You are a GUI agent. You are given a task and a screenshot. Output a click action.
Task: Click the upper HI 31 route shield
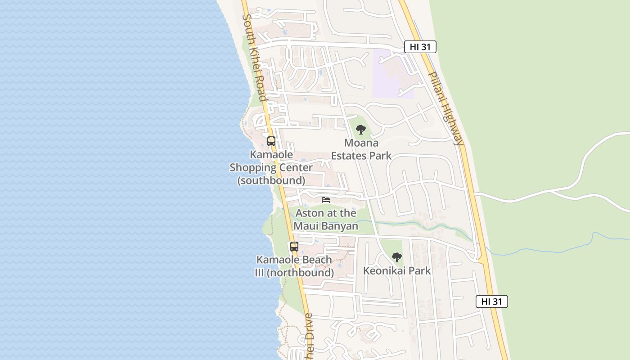(x=420, y=47)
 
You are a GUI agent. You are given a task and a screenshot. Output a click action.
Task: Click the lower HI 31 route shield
(x=491, y=301)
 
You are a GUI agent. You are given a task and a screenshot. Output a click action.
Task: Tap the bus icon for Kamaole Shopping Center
(x=271, y=141)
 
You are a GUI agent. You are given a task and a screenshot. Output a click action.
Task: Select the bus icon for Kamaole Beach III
(x=294, y=247)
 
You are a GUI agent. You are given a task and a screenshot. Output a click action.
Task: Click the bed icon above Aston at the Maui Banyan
(x=326, y=200)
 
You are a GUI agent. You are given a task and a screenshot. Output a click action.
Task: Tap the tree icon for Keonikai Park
(x=396, y=257)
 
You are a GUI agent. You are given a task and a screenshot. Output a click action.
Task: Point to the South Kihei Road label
(x=254, y=58)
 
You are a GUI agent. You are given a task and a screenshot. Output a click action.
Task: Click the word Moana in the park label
(x=361, y=143)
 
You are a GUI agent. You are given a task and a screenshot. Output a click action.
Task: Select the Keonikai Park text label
(x=397, y=271)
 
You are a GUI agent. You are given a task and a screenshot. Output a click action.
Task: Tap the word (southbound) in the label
(x=271, y=180)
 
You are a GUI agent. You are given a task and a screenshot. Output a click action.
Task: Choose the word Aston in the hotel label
(x=310, y=213)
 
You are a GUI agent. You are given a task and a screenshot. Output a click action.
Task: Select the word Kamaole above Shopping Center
(x=271, y=155)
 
